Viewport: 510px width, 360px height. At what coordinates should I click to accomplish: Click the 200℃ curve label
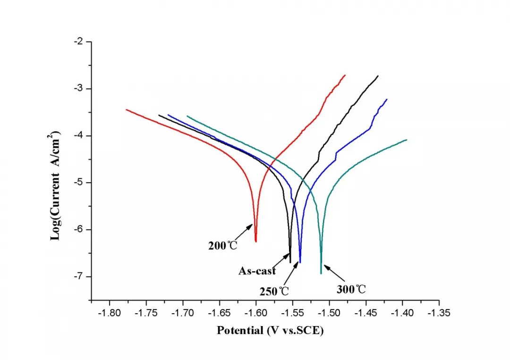coord(223,246)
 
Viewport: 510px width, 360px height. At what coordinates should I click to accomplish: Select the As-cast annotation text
coord(257,271)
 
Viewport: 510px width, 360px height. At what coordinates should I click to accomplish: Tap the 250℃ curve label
coord(274,292)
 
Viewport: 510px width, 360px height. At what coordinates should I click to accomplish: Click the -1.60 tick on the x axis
coord(256,313)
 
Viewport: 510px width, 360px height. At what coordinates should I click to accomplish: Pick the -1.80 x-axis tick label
coord(110,313)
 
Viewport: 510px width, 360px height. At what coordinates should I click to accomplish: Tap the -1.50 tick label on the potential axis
coord(329,313)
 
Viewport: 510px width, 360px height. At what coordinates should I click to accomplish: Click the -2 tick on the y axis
coord(78,42)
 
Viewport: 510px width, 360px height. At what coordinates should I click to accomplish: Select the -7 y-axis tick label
coord(78,276)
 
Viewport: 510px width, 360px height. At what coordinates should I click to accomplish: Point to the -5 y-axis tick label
coord(78,183)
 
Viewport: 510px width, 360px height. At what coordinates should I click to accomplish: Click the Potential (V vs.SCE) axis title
coord(271,331)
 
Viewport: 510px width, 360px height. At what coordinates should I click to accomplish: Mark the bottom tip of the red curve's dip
coord(256,242)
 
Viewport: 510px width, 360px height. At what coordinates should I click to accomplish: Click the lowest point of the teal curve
coord(322,273)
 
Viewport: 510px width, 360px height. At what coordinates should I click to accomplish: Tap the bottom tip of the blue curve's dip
coord(300,262)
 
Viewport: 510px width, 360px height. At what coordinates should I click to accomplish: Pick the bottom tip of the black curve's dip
coord(290,262)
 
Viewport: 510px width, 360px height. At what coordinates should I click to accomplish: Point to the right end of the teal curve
coord(406,140)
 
